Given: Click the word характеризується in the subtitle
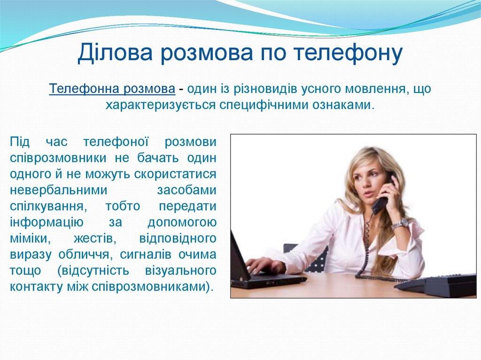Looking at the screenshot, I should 161,104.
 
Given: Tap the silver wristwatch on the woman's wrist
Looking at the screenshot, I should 400,224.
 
